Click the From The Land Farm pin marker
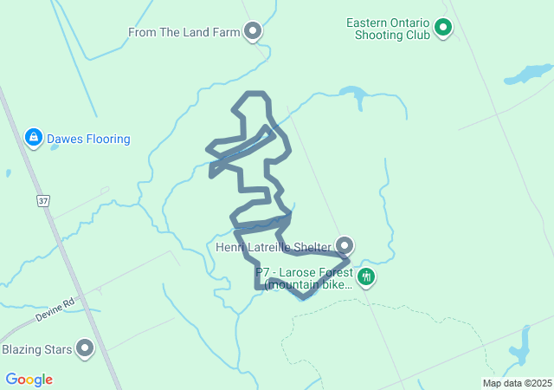coord(253,32)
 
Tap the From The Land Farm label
coord(183,33)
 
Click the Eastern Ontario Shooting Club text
coord(387,29)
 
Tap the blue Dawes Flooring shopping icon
coord(33,137)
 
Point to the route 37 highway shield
coord(42,201)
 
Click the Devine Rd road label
coord(56,309)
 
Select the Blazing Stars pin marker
coord(85,348)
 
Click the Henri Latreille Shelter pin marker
coord(345,246)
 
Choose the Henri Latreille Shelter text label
coord(274,247)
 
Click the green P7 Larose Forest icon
coord(366,277)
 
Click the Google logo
coord(29,380)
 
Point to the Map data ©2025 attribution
coord(517,383)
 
